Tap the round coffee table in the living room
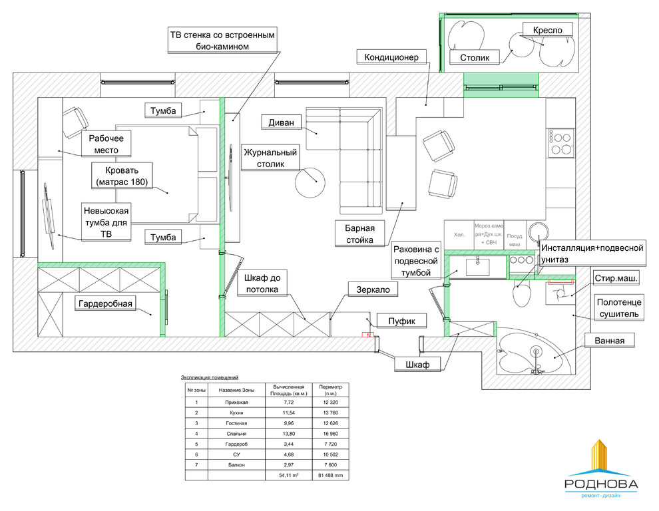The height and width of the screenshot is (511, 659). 310,181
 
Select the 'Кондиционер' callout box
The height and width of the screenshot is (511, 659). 391,57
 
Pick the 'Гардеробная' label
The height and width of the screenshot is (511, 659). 106,304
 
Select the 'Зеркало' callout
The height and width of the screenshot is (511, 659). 373,289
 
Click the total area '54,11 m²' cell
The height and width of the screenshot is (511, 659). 289,475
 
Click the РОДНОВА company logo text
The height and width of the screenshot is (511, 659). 600,484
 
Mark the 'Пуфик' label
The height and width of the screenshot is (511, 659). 402,321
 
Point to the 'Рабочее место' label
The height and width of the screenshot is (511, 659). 106,143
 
